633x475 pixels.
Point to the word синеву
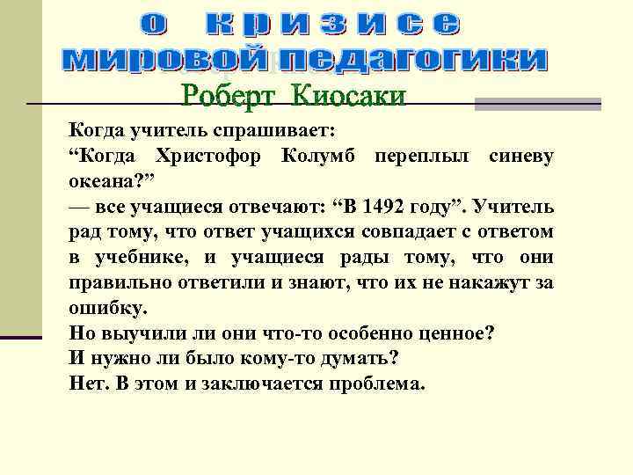click(523, 157)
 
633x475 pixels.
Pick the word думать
click(357, 359)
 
